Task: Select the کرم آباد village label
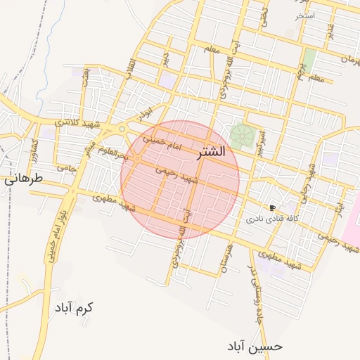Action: coord(75,308)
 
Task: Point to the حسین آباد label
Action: coord(255,346)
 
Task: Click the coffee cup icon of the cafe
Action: coord(272,208)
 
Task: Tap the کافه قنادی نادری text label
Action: coord(272,219)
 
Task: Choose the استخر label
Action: coord(305,15)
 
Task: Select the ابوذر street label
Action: coord(144,111)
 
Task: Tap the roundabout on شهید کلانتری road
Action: coord(121,129)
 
